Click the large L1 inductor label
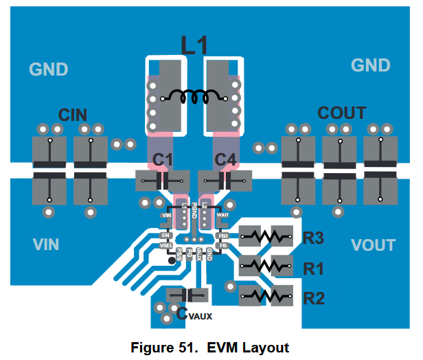(194, 45)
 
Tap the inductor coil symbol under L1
(194, 98)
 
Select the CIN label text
(73, 115)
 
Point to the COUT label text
(341, 113)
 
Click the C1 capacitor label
(163, 160)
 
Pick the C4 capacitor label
(225, 160)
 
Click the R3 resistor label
(313, 238)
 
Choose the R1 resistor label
(313, 269)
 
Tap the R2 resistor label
(314, 298)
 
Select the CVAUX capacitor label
(194, 315)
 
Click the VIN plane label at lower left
(46, 244)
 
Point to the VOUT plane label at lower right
(373, 245)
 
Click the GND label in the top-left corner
(48, 69)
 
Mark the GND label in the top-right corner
(371, 65)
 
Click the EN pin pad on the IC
(165, 236)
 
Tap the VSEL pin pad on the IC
(165, 245)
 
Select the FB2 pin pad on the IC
(222, 236)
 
